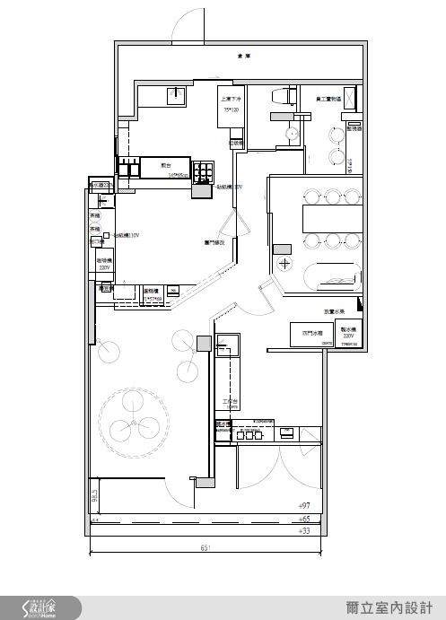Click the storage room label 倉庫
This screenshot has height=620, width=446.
[243, 56]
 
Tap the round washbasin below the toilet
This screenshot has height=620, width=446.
[289, 135]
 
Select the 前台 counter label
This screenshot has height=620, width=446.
[166, 166]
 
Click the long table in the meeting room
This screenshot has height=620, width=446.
[330, 216]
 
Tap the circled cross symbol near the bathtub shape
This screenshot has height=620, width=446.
[284, 263]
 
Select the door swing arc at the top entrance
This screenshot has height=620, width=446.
[188, 24]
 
